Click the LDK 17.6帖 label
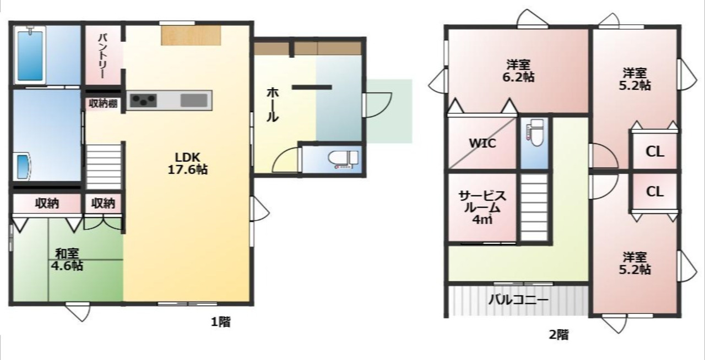coord(188,163)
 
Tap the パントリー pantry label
coord(103,56)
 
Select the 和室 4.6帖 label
coord(67,260)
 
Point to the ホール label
coord(272,105)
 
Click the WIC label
coord(482,144)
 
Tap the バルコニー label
coord(518,300)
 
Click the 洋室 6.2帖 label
coord(518,71)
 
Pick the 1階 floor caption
coord(221,322)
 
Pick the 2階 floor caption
coord(559,335)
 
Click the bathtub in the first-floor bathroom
coord(30,56)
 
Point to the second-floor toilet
coord(534,133)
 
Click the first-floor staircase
coord(104,166)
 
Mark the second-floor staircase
coord(534,207)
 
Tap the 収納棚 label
coord(103,103)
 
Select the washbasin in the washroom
coord(23,166)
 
